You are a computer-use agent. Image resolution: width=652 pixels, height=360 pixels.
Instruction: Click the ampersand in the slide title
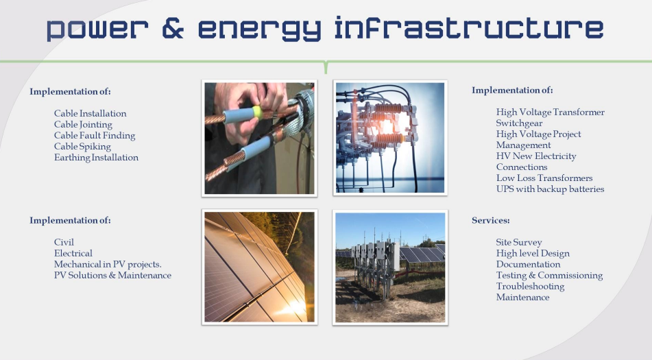click(x=173, y=28)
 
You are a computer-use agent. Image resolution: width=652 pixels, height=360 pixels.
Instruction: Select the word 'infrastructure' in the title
click(x=469, y=28)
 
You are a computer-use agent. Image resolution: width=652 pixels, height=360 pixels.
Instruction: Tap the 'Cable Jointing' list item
click(x=83, y=124)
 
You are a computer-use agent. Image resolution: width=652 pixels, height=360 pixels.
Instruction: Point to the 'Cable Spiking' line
click(x=82, y=146)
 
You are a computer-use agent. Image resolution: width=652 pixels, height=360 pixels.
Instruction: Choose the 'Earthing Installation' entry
click(x=96, y=157)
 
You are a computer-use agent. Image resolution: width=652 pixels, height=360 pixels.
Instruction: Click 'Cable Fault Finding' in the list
click(x=95, y=135)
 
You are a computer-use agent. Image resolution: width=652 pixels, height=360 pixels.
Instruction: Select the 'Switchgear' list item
click(x=519, y=123)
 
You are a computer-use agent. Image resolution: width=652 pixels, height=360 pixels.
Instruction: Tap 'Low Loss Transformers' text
click(x=544, y=178)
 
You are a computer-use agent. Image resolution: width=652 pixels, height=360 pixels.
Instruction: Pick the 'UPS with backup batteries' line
click(x=550, y=189)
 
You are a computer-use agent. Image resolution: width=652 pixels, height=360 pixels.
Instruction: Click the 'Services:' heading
click(x=491, y=220)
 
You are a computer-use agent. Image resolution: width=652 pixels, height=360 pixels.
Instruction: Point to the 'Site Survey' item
click(x=519, y=242)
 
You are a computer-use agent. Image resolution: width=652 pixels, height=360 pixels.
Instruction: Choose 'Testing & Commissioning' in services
click(x=549, y=275)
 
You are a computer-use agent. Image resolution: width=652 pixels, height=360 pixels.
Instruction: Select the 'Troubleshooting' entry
click(x=530, y=286)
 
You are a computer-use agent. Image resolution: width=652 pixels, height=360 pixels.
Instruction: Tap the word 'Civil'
click(x=64, y=242)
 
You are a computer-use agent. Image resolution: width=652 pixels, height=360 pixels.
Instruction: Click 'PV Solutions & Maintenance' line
click(x=112, y=275)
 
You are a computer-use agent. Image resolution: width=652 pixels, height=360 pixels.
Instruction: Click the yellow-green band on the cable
click(x=257, y=111)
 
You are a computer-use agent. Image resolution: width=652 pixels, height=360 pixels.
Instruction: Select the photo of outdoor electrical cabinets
click(x=390, y=267)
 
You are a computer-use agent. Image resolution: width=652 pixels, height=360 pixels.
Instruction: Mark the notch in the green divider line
click(x=326, y=67)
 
